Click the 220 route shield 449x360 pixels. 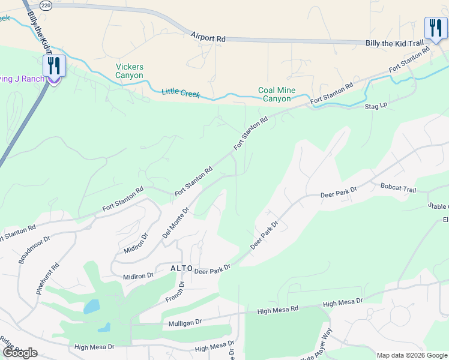pyautogui.click(x=46, y=5)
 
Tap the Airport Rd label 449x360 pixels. pyautogui.click(x=208, y=38)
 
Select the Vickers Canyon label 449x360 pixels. pyautogui.click(x=130, y=71)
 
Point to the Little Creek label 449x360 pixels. pyautogui.click(x=181, y=93)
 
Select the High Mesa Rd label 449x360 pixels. pyautogui.click(x=277, y=310)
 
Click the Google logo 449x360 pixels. pyautogui.click(x=20, y=353)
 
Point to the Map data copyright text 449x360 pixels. pyautogui.click(x=411, y=355)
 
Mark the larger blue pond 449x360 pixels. pyautogui.click(x=92, y=307)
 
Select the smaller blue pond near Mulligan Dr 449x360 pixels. pyautogui.click(x=104, y=328)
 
